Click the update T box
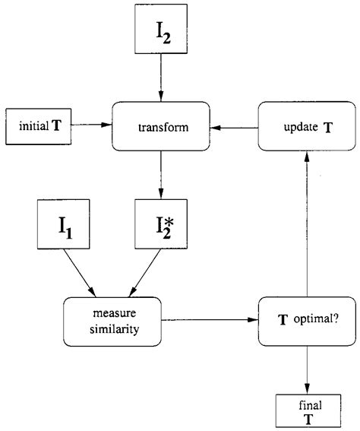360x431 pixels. [x=305, y=128]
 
